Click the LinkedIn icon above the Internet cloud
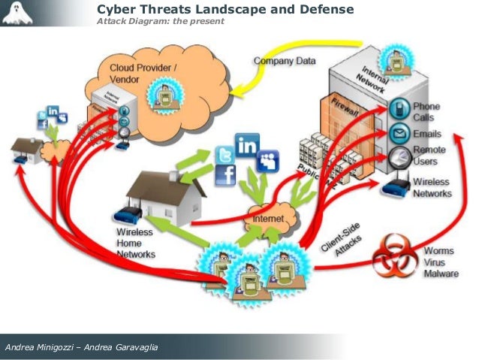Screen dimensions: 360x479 [247, 144]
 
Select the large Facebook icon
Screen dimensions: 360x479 [225, 175]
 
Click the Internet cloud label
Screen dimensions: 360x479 [268, 219]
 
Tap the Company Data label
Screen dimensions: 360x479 [285, 61]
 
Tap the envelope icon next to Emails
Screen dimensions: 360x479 [399, 134]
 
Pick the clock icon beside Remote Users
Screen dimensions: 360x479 [399, 157]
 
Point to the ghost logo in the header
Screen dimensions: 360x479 [16, 13]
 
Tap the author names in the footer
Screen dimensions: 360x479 [80, 346]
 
